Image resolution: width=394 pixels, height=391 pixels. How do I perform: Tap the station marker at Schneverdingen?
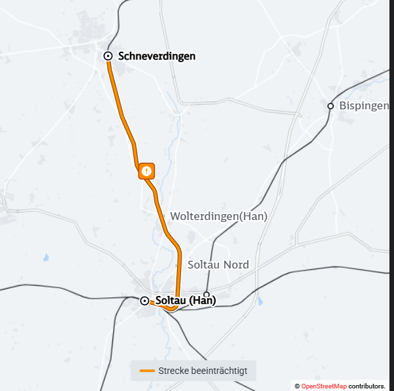click(108, 56)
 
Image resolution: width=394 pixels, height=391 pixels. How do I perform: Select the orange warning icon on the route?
click(147, 171)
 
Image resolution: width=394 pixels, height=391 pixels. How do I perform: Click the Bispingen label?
click(364, 106)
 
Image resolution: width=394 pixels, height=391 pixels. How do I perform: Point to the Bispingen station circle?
click(331, 106)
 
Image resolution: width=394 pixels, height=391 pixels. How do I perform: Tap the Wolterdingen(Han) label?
click(218, 216)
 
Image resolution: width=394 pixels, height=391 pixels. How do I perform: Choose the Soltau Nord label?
click(218, 265)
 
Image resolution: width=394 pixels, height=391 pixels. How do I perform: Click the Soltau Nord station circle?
click(206, 295)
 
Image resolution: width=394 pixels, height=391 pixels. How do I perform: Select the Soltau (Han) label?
click(186, 301)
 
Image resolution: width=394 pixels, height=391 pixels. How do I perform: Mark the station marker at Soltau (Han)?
click(145, 301)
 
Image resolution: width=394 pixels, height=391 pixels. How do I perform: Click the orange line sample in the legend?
click(147, 371)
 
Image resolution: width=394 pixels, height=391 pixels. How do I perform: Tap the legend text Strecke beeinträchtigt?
click(203, 371)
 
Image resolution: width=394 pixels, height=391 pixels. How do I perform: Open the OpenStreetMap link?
click(324, 386)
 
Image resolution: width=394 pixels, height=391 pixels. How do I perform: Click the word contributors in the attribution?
click(367, 386)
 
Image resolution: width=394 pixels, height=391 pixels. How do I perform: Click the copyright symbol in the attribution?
click(297, 386)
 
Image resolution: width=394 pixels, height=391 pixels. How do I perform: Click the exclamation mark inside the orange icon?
click(147, 171)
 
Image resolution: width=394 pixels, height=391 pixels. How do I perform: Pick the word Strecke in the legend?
click(172, 371)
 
